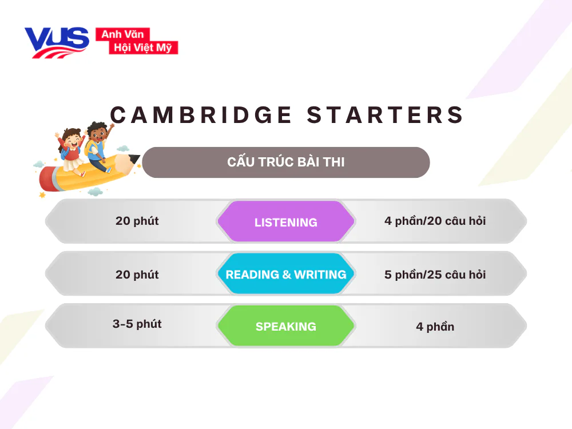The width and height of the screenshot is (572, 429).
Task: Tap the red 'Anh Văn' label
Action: [x=122, y=34]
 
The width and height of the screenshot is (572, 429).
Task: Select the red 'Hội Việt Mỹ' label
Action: [x=143, y=47]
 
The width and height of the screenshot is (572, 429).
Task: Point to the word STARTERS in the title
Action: [x=386, y=115]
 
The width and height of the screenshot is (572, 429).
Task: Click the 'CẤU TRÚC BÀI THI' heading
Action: [x=286, y=162]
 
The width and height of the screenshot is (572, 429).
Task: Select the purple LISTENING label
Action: [x=286, y=222]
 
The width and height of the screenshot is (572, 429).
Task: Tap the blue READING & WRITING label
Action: [x=286, y=275]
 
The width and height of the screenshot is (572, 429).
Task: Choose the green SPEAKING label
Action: [x=286, y=327]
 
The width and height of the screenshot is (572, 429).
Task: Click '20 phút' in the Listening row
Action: [x=137, y=221]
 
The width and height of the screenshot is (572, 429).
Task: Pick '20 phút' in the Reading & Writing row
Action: [x=137, y=275]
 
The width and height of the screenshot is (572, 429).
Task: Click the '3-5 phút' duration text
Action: [x=137, y=324]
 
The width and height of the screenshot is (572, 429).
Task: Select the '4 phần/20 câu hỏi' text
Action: [x=435, y=221]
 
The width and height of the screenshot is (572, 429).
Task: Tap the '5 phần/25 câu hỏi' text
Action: [x=435, y=275]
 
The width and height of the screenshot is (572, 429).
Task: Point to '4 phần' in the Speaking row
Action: [x=435, y=327]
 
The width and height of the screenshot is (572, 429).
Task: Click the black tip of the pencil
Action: [x=136, y=158]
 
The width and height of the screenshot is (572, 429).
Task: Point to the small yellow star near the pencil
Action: [x=42, y=195]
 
